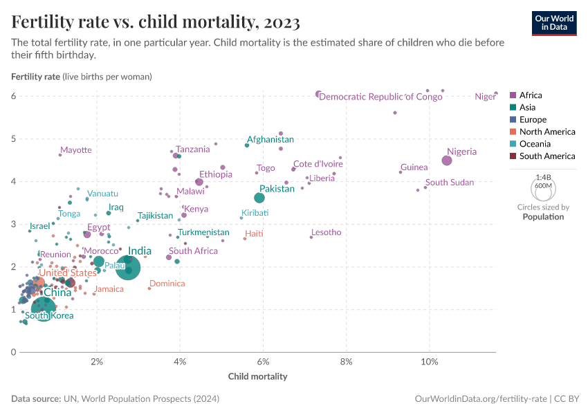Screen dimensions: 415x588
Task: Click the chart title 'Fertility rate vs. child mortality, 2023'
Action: pyautogui.click(x=156, y=23)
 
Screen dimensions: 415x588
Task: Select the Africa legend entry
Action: pyautogui.click(x=526, y=95)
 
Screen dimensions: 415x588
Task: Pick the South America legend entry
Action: pyautogui.click(x=542, y=156)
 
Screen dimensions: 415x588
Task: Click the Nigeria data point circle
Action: pyautogui.click(x=447, y=160)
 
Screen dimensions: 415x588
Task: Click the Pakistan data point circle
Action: pyautogui.click(x=259, y=198)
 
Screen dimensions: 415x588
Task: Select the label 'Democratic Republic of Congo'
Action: pyautogui.click(x=380, y=97)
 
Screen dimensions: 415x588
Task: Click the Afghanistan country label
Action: pyautogui.click(x=270, y=139)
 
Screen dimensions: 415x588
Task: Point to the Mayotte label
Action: pyautogui.click(x=75, y=150)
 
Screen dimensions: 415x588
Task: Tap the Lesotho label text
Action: pyautogui.click(x=326, y=232)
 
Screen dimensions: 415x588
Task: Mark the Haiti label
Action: pyautogui.click(x=254, y=234)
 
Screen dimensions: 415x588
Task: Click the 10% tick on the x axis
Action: pyautogui.click(x=429, y=362)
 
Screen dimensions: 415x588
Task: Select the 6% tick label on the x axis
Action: pyautogui.click(x=263, y=362)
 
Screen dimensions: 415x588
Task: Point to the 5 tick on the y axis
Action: pyautogui.click(x=13, y=139)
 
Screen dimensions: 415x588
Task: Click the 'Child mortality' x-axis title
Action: pyautogui.click(x=257, y=377)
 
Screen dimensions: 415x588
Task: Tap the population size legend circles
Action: pyautogui.click(x=543, y=187)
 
